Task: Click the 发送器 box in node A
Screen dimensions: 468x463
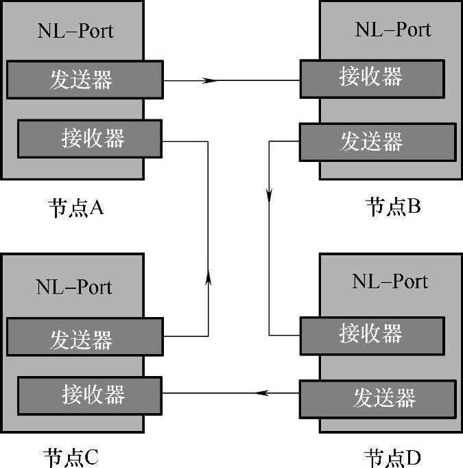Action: [84, 80]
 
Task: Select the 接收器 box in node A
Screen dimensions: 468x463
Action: [90, 139]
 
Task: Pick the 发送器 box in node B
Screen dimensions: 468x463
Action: [378, 141]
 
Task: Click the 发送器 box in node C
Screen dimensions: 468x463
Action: [84, 338]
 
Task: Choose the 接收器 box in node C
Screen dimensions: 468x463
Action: [90, 395]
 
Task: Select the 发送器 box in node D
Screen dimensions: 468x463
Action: [378, 398]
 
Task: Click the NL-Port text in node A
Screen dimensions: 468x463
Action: [75, 32]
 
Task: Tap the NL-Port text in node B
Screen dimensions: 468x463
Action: [392, 30]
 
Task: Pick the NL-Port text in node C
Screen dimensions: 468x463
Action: [75, 286]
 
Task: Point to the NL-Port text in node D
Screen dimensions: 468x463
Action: [390, 281]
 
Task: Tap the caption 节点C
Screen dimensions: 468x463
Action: [71, 456]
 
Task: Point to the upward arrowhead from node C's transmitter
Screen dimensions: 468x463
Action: [208, 277]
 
